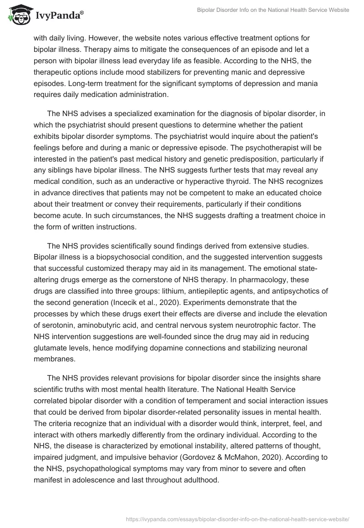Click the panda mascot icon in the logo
point(18,15)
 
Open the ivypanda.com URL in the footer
point(236,518)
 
